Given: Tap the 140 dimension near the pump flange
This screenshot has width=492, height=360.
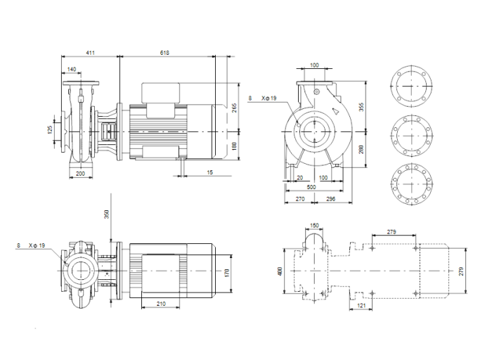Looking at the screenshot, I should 72,69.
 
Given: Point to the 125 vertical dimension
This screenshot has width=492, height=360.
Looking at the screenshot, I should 51,131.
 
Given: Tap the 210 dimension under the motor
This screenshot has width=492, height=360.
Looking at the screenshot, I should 161,304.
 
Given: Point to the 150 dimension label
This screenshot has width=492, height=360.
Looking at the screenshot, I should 314,226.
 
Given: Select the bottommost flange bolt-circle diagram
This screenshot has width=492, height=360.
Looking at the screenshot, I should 408,184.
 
